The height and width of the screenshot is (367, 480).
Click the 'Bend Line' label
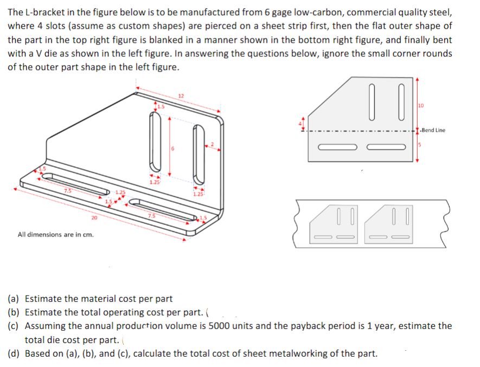[x=433, y=130]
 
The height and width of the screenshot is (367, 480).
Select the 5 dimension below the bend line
[x=420, y=145]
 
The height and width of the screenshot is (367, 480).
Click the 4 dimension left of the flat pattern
[x=303, y=123]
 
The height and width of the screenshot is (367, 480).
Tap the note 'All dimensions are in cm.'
[x=55, y=235]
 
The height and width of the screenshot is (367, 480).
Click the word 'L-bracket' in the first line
[x=43, y=12]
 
